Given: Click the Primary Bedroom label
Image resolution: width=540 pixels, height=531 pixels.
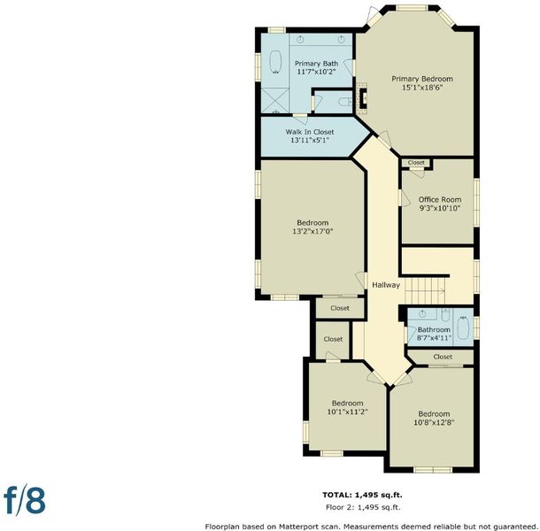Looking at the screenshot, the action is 422,79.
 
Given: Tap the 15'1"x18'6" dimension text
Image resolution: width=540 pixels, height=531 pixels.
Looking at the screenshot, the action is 422,88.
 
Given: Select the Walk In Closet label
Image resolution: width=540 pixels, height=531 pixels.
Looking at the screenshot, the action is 310,132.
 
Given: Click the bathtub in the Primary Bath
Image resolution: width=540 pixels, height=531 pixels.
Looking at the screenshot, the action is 275,62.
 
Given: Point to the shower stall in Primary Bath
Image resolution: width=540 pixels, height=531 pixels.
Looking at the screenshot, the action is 274,100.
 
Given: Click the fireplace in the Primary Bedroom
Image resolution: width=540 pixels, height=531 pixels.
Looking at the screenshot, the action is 363,98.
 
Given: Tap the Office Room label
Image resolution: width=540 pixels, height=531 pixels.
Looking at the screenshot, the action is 440,199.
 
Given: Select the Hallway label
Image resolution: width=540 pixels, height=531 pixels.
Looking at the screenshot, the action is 386,285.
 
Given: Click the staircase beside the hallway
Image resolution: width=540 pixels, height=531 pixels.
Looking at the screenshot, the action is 425,291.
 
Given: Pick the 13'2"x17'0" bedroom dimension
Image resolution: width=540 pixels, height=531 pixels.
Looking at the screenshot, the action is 312,231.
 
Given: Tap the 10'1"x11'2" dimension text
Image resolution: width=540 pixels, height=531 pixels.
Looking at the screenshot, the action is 348,412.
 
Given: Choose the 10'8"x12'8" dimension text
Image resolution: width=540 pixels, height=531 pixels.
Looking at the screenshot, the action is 434,422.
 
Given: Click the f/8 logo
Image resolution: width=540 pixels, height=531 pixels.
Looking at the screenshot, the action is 25,500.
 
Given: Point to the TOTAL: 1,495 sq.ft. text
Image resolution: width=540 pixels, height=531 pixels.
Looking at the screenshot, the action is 362,496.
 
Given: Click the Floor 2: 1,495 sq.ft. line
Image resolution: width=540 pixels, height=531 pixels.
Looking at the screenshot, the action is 363,507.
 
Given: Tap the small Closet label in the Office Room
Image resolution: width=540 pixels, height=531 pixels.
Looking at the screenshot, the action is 416,162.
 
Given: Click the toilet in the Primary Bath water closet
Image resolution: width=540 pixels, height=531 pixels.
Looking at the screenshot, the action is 345,102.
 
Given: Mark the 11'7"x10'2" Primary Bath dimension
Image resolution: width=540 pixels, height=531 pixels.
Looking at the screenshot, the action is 316,72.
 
